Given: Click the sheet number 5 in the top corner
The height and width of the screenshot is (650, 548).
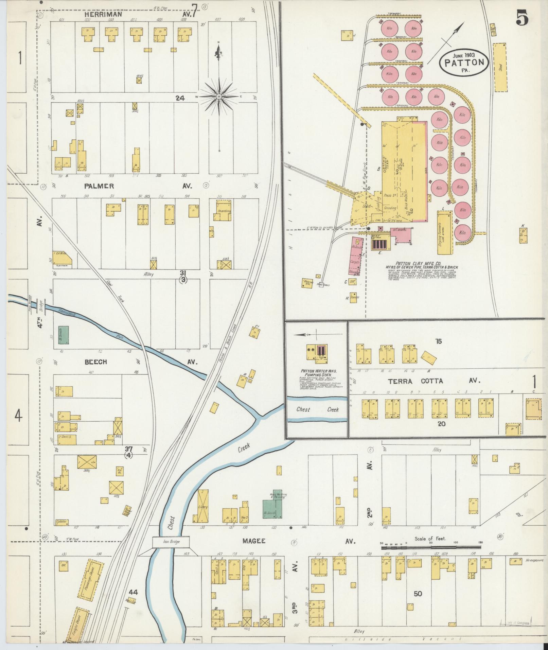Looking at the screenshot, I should click(x=522, y=17).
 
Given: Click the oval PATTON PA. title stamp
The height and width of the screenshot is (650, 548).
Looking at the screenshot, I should click(x=464, y=62).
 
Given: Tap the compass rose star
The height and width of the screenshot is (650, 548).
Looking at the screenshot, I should click(x=219, y=97).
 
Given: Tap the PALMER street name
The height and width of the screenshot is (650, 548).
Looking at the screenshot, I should click(x=99, y=186).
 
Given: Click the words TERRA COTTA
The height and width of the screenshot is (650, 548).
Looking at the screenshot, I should click(x=416, y=381).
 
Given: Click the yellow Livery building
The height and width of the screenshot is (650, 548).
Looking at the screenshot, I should click(x=202, y=508).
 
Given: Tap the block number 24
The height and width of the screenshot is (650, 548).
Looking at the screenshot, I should click(x=180, y=98).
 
